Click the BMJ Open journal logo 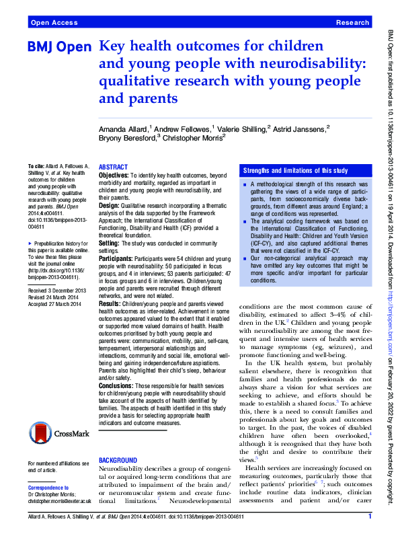click(x=59, y=49)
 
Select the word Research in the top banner click(x=352, y=22)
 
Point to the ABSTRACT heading click(x=113, y=166)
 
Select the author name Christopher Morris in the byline click(x=192, y=137)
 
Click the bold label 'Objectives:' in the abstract click(x=114, y=174)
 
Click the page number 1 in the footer click(x=370, y=517)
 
